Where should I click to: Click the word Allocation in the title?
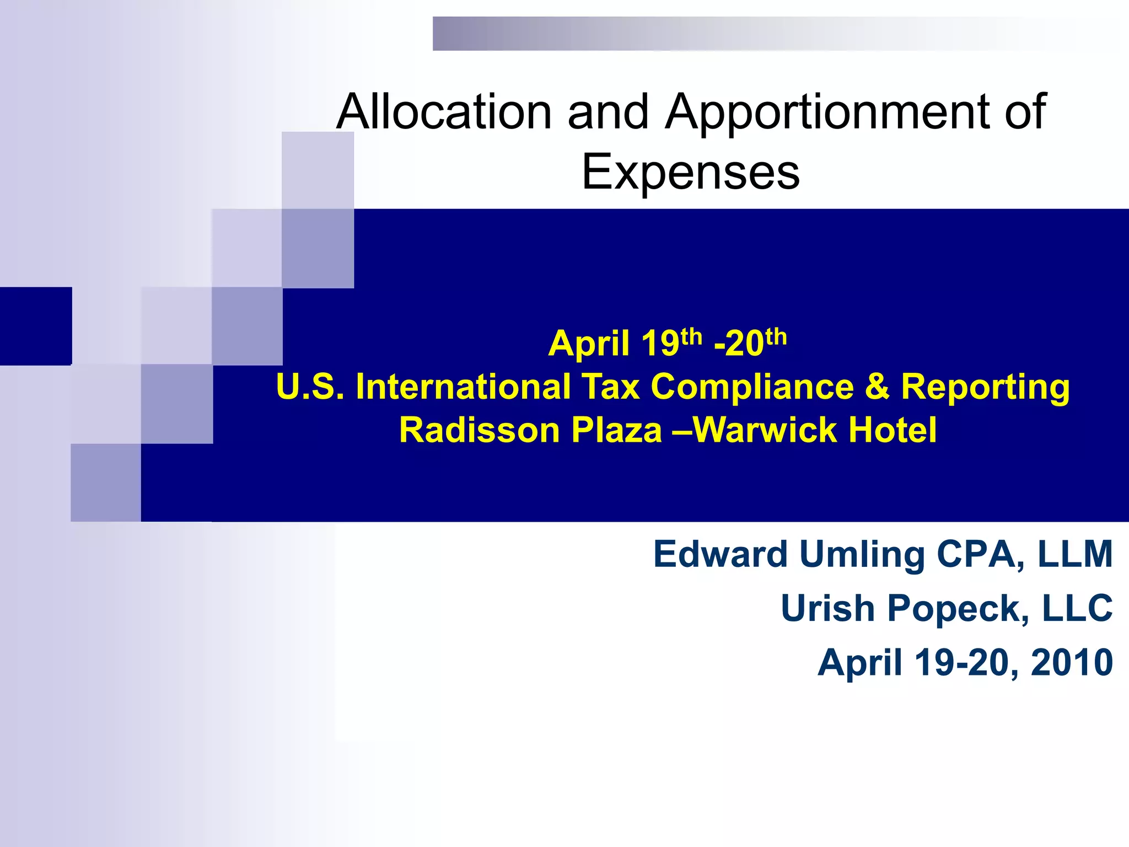(444, 112)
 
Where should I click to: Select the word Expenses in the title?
(691, 172)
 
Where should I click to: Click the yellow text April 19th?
(625, 342)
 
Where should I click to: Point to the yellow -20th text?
(750, 342)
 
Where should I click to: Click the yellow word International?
(463, 387)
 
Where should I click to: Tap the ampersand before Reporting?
(877, 387)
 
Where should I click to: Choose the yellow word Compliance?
(752, 387)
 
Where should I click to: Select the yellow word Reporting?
(985, 388)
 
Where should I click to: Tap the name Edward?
(721, 554)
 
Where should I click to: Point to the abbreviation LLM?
(1075, 554)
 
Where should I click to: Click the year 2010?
(1072, 662)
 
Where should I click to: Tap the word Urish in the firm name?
(828, 608)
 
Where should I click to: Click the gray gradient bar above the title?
(717, 34)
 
